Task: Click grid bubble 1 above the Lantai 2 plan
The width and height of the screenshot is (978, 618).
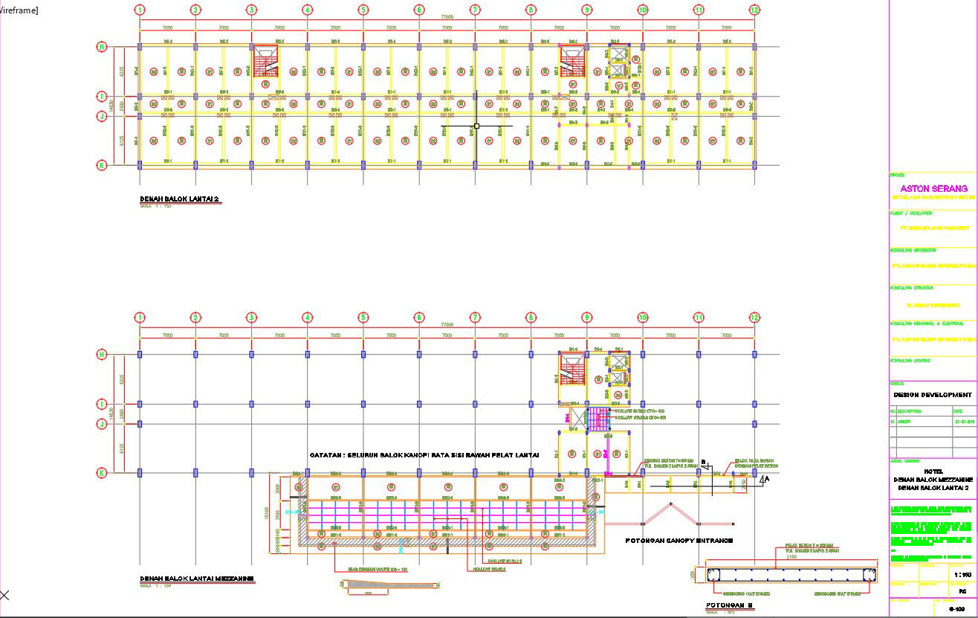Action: click(140, 10)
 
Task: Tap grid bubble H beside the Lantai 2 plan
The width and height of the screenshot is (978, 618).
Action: click(102, 46)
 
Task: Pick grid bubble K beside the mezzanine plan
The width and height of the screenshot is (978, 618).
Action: click(102, 472)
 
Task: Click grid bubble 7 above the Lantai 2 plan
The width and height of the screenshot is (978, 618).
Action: click(475, 10)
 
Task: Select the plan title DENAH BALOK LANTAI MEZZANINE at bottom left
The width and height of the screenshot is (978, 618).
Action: click(197, 578)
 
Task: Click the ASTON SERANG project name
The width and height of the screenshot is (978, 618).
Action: click(933, 189)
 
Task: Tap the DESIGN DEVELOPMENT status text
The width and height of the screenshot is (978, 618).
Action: click(932, 395)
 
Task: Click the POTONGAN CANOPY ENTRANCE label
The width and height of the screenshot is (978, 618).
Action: click(669, 540)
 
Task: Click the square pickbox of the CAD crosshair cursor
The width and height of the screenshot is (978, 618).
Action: click(476, 126)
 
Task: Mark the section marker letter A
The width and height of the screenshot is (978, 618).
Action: click(765, 480)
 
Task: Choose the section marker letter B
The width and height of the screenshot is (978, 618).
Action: click(702, 462)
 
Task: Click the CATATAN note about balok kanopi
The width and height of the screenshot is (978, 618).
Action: click(424, 454)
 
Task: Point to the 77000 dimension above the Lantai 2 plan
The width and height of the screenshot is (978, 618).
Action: click(447, 17)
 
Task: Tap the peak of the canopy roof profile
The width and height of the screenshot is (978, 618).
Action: click(671, 504)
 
